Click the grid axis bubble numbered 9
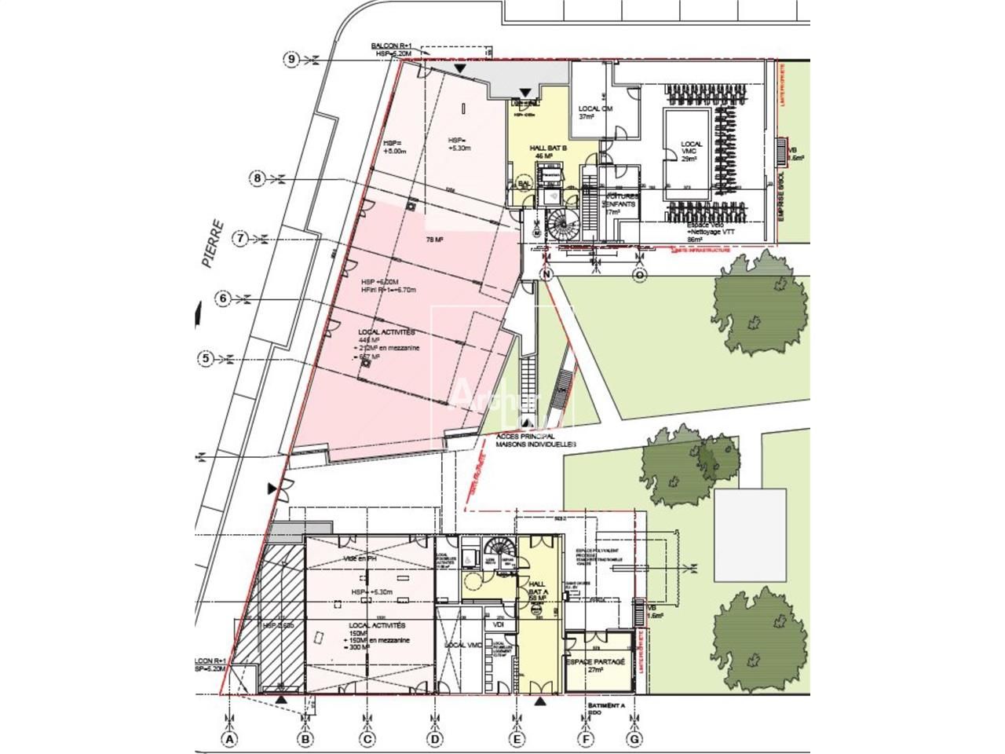coord(292,60)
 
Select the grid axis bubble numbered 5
coord(205,359)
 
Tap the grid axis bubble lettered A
coord(229,739)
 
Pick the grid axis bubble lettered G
coord(634,739)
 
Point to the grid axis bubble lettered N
coord(547,274)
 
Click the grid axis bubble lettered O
coord(639,274)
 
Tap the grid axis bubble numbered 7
coord(242,238)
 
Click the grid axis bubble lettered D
coord(434,739)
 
